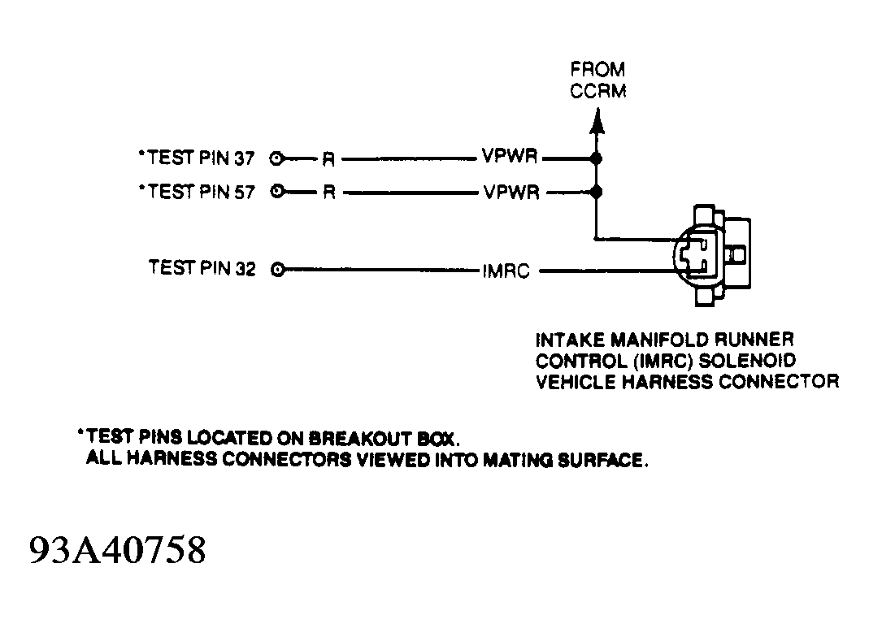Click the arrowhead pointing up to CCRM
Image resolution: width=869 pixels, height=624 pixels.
(x=597, y=123)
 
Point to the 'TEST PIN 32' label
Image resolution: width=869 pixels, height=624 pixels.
(x=202, y=267)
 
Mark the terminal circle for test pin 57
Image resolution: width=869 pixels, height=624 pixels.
(x=279, y=193)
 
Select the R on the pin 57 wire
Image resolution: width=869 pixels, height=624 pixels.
(x=328, y=193)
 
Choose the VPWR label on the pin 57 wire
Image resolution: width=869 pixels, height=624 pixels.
(x=510, y=193)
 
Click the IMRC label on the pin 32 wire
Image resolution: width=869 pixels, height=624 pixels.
(x=506, y=271)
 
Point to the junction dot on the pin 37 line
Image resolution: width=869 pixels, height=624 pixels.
(x=597, y=159)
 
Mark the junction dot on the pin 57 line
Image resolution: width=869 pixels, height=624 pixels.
(x=597, y=193)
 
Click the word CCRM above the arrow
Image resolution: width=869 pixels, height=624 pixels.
(x=598, y=90)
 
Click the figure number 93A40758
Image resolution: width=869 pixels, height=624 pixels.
(x=119, y=551)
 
